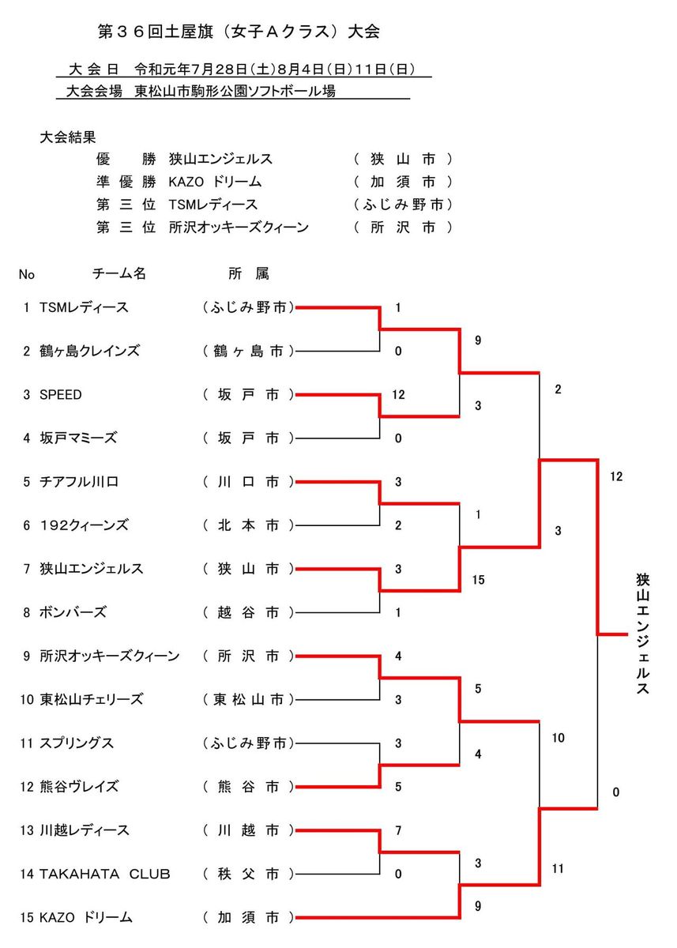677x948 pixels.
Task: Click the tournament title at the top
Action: coord(237,32)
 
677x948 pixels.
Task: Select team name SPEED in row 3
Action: coord(60,394)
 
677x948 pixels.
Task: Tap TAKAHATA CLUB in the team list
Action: coord(104,874)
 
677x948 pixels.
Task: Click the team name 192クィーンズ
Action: coord(83,525)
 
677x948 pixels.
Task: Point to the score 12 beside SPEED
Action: coord(398,394)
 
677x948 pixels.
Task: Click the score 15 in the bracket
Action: coord(478,581)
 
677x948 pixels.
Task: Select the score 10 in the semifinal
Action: coord(558,738)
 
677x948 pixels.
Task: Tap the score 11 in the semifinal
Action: coord(558,869)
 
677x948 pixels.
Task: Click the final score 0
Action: coord(615,792)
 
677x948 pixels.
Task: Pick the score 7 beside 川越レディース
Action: coord(398,830)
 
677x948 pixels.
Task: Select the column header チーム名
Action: coord(119,274)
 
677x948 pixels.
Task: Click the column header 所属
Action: coord(248,274)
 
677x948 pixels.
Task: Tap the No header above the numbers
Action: coord(27,275)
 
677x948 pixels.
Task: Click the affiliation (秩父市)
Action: coord(248,874)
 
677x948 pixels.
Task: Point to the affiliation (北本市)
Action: coord(248,525)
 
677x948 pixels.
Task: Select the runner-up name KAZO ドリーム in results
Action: coord(215,182)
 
